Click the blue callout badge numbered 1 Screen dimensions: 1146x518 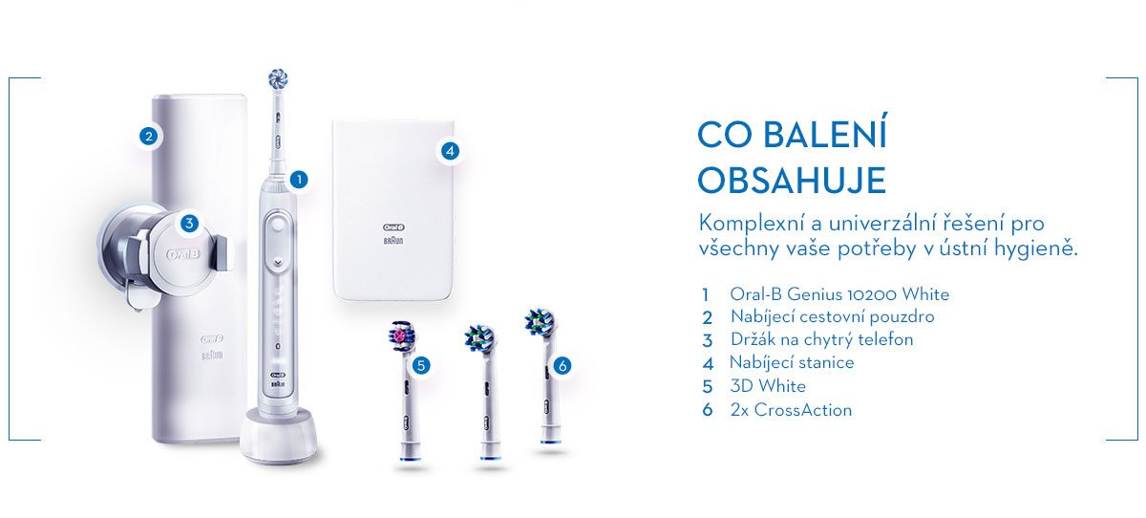click(299, 180)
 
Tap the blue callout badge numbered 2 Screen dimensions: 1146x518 click(148, 136)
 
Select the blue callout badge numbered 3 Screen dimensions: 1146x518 click(189, 224)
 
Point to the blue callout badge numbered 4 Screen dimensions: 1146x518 click(450, 151)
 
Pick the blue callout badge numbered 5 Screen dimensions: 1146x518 click(420, 365)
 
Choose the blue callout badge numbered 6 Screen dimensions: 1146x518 click(562, 365)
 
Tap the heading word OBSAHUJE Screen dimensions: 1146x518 click(792, 181)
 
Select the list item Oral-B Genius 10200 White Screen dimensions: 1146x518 click(839, 294)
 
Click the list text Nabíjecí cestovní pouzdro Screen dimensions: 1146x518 click(833, 317)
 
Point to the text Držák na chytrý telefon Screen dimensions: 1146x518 click(821, 339)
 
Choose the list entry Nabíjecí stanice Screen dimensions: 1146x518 click(792, 362)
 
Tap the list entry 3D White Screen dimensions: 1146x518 click(768, 386)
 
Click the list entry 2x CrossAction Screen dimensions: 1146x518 click(791, 410)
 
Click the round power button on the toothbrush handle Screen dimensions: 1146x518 click(278, 225)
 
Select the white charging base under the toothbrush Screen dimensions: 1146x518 click(278, 435)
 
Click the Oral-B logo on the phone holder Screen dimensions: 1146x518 click(183, 254)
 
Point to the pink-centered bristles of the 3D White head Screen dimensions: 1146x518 click(400, 335)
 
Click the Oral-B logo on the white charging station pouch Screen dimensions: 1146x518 click(393, 227)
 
